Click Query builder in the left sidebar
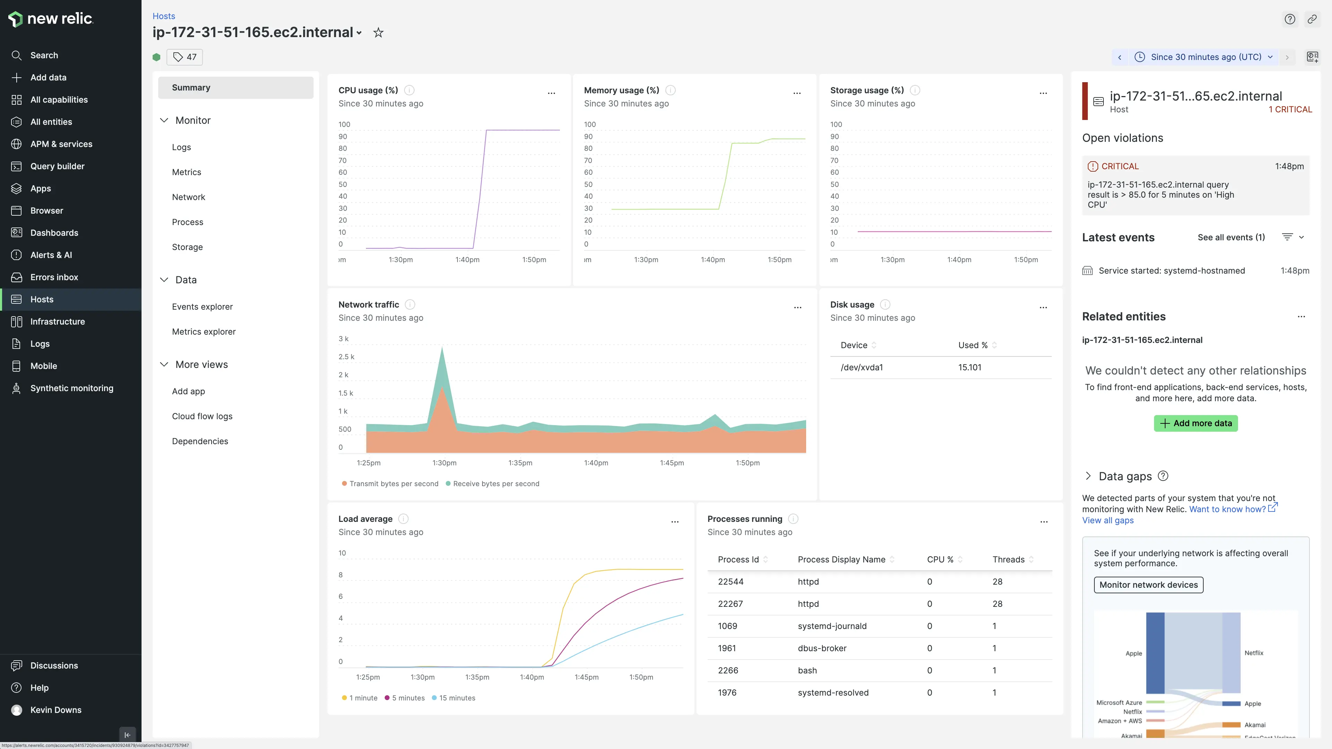(x=57, y=166)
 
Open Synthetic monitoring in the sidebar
(x=71, y=388)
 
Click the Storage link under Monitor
(x=187, y=247)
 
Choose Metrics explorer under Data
(x=204, y=332)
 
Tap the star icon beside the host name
(x=378, y=33)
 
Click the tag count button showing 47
(x=185, y=57)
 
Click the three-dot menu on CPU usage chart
(x=551, y=93)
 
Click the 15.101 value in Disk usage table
(x=970, y=368)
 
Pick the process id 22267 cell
(x=730, y=604)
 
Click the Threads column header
(x=1008, y=559)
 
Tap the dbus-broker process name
(x=822, y=648)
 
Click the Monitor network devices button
(x=1149, y=585)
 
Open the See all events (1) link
(x=1231, y=237)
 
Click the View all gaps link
(x=1108, y=520)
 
